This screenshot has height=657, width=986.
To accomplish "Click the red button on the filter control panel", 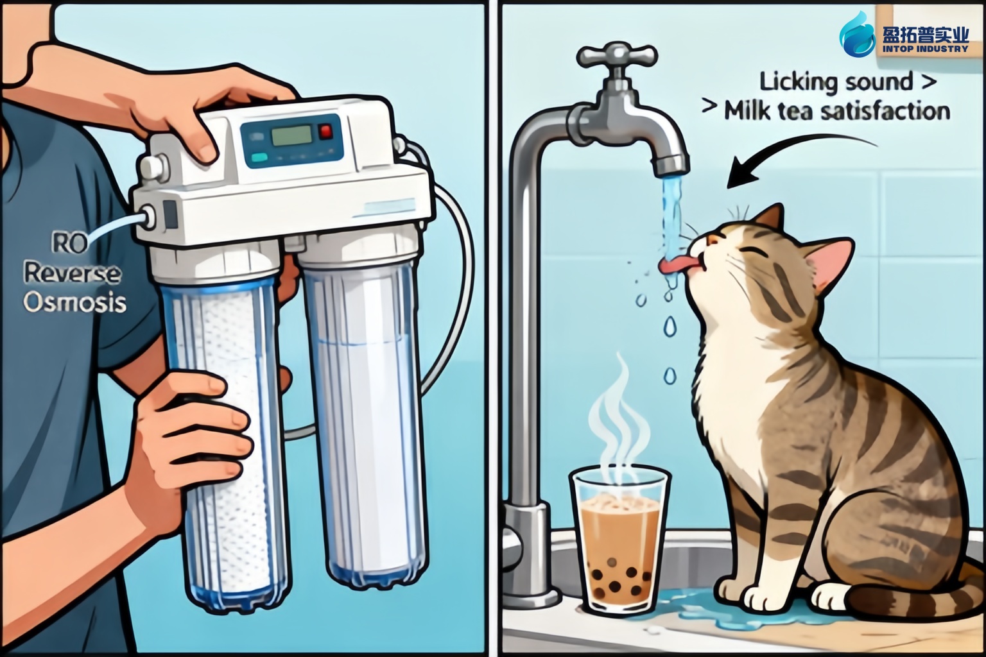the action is [x=326, y=131].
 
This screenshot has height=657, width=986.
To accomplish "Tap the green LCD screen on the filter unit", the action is [x=291, y=136].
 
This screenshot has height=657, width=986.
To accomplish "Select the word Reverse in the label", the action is [x=72, y=273].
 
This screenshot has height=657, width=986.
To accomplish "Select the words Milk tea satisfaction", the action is [x=837, y=112].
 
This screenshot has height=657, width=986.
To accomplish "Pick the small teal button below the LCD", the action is [x=259, y=157].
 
